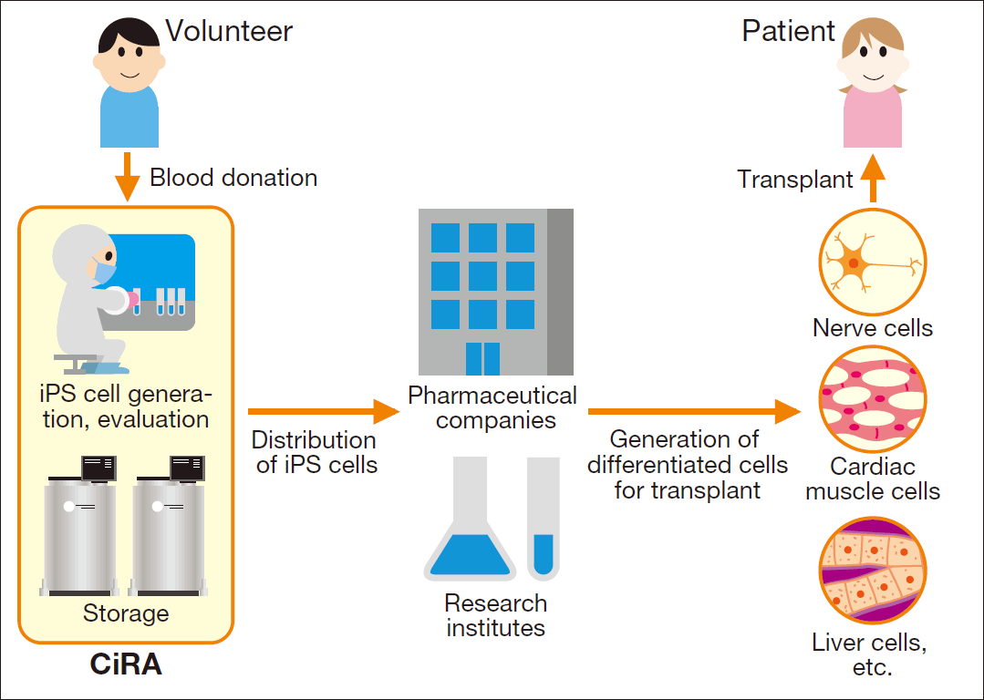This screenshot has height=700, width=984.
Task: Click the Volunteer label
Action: tap(229, 32)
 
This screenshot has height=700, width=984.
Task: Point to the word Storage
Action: tap(126, 613)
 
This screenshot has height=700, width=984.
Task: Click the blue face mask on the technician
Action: tap(103, 270)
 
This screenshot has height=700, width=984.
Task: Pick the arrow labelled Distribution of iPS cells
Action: tap(324, 411)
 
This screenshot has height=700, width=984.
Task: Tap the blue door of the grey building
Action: tap(482, 358)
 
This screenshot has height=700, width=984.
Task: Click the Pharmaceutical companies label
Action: tap(492, 407)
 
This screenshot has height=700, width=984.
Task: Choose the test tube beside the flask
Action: tap(543, 520)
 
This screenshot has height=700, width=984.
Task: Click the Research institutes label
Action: tap(496, 615)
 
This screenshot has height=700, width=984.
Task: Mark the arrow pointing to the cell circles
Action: tap(693, 411)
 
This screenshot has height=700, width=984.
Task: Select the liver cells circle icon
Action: tap(873, 570)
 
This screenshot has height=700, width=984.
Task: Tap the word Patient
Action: tap(788, 32)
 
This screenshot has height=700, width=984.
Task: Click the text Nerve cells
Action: tap(873, 328)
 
